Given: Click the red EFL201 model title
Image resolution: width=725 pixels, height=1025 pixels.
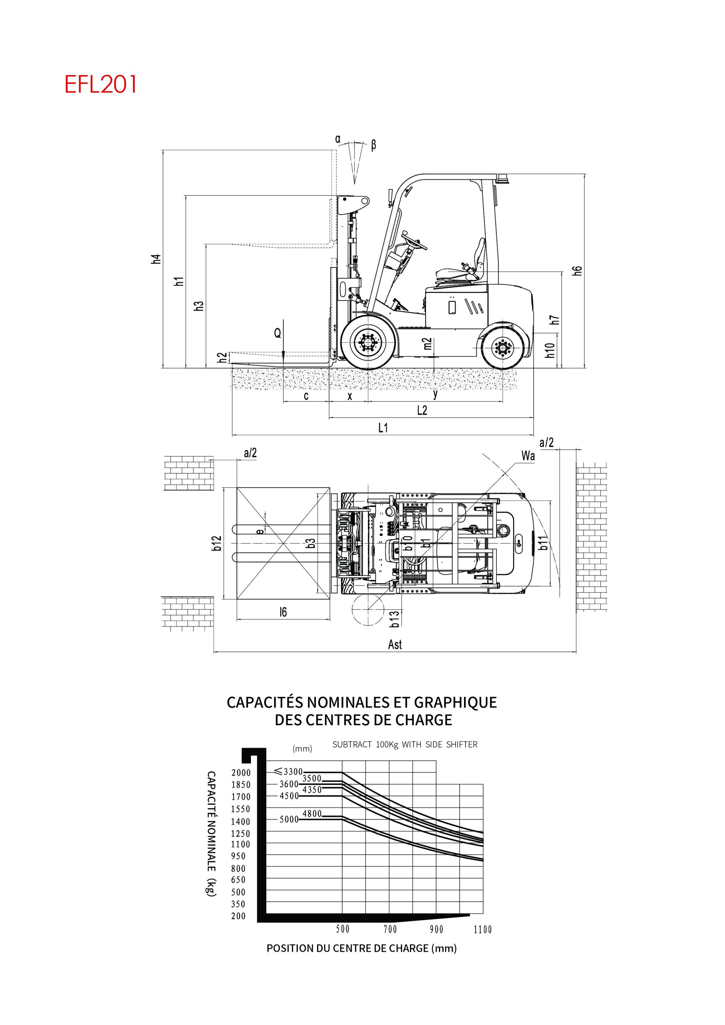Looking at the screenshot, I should point(100,84).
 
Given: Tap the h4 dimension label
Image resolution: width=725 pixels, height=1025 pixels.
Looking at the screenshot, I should point(155,259).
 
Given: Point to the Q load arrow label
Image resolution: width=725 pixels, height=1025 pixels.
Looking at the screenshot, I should point(278,333).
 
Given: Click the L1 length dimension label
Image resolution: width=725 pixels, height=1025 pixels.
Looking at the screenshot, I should point(383,428).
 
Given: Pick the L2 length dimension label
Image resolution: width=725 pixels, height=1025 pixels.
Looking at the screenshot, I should point(422,410).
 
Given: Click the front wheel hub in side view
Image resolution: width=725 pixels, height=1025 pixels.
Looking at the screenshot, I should point(368,343).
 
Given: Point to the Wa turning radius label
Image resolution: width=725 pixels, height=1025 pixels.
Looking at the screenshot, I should point(528,456).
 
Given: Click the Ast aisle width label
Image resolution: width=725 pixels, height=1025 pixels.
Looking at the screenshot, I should point(395,645).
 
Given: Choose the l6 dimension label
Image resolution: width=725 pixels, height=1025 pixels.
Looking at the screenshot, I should point(283,613).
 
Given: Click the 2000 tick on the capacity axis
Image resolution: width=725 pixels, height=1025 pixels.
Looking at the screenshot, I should point(241,773).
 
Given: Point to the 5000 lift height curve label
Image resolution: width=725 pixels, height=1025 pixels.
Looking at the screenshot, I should point(289,819).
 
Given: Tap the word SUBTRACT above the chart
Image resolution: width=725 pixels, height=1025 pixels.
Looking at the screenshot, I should point(352,745).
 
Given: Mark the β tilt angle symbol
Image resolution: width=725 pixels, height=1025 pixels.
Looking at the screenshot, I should point(373,145).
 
